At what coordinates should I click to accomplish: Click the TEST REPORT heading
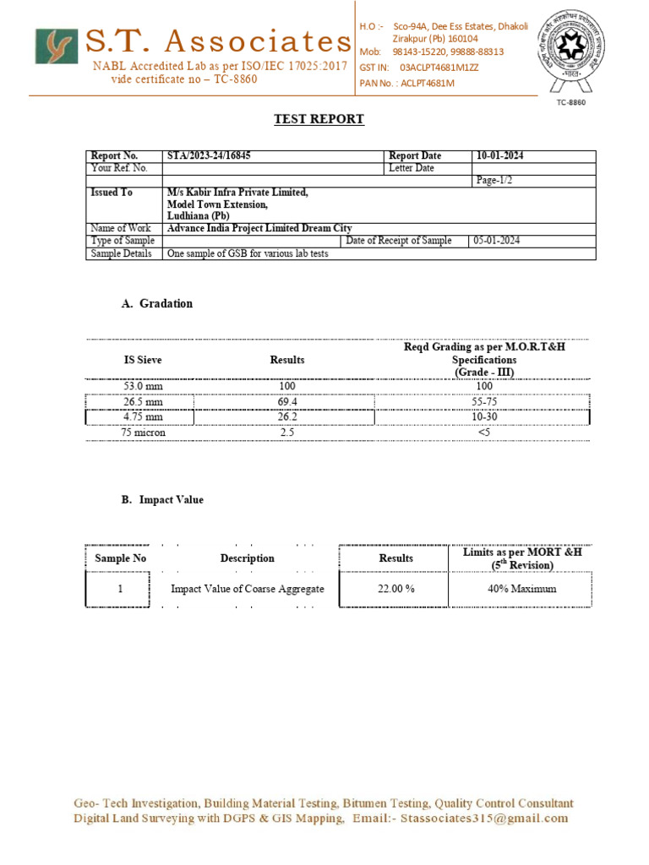coord(319,119)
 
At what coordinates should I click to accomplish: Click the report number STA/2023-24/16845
coord(209,155)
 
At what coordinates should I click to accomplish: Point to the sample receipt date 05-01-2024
coord(496,241)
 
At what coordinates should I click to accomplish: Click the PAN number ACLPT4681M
coord(430,83)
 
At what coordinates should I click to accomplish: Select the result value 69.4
coord(287,402)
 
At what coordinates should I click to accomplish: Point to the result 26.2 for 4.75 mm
coord(287,417)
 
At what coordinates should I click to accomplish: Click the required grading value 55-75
coord(484,402)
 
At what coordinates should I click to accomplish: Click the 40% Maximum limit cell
coord(521,589)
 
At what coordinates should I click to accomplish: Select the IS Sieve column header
coord(143,360)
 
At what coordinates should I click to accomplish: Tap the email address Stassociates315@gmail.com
coord(484,819)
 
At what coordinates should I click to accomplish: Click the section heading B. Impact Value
coord(162,500)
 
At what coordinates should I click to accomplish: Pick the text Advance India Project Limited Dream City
coord(259,228)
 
